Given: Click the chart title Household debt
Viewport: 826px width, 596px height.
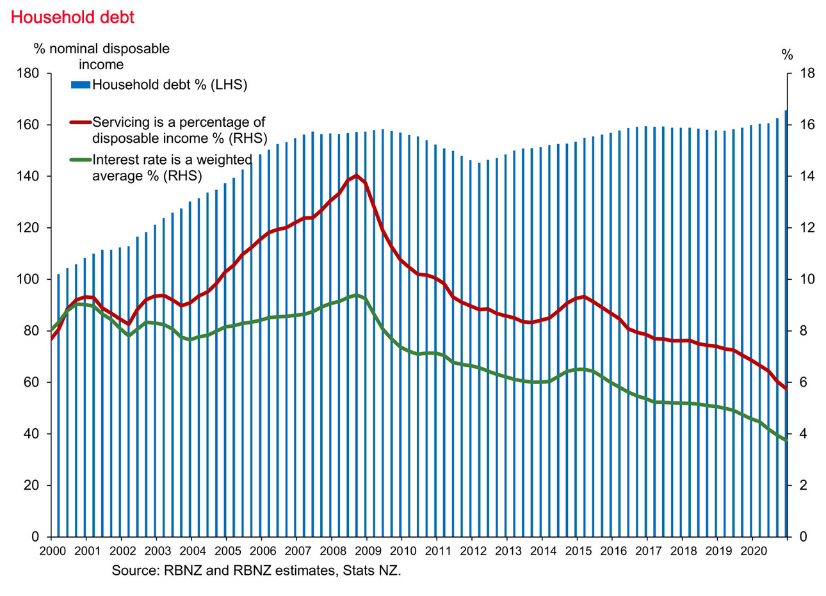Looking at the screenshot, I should point(73,17).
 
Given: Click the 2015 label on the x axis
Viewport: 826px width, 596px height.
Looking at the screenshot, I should point(578,551).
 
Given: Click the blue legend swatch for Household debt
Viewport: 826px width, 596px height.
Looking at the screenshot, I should point(80,85).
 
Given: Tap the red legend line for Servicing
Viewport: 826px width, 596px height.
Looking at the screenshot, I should point(80,122).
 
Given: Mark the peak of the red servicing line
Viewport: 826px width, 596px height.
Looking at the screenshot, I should point(357,175).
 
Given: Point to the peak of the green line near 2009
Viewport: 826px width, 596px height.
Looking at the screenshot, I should point(357,295).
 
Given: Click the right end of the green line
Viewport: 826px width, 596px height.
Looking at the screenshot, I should point(786,440).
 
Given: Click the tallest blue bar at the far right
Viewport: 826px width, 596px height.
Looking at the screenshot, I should point(786,320).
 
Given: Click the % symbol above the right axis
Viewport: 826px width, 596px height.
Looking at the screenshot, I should point(787,54).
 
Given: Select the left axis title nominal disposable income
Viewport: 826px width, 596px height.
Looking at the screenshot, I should point(101,56).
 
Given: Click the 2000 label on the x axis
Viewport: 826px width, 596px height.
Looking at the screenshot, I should point(51,551).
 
